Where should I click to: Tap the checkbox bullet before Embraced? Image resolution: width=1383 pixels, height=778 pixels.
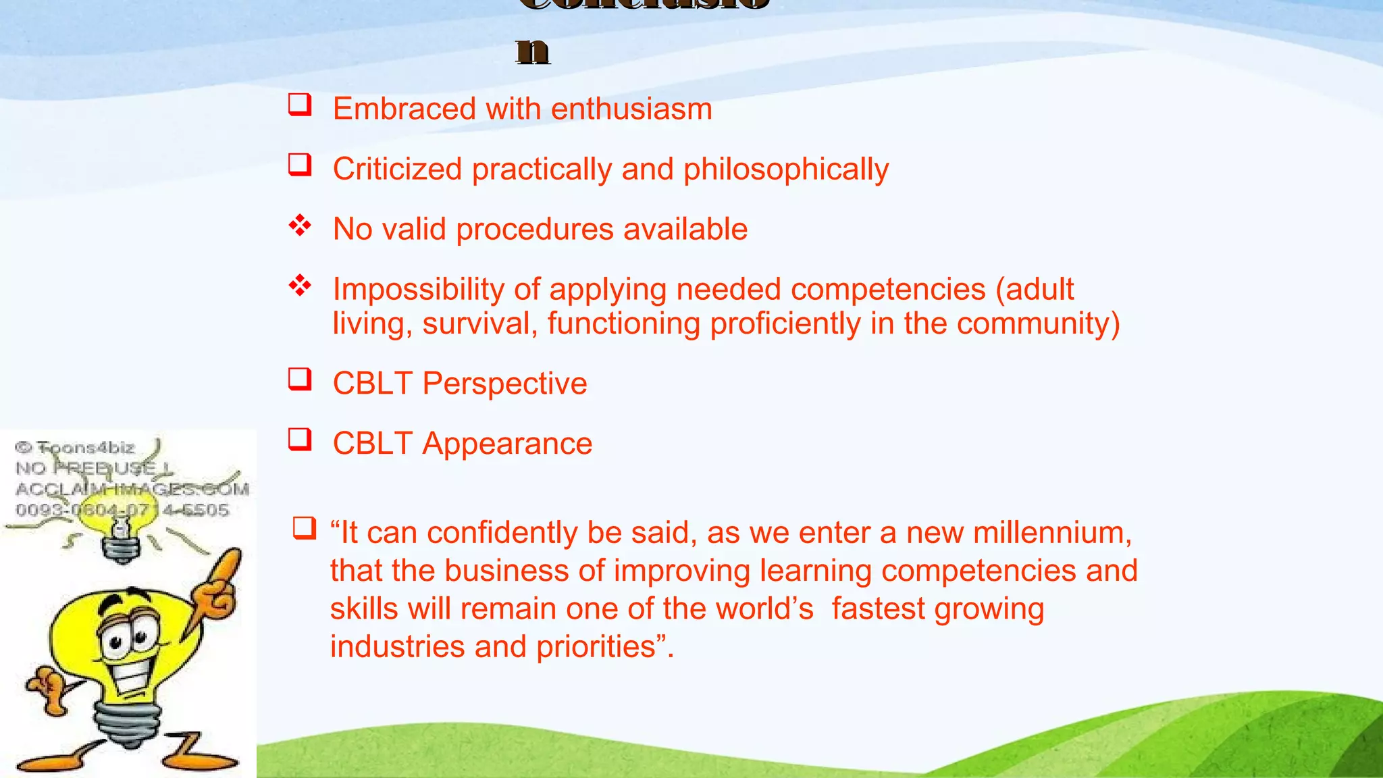pos(300,105)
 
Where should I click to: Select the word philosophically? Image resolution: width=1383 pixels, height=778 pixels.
pos(786,170)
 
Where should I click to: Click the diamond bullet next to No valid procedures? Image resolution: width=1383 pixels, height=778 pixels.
pos(300,226)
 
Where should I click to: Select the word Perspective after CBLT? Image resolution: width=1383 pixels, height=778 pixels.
pos(504,384)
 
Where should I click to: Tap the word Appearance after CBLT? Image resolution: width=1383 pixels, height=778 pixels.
pos(507,444)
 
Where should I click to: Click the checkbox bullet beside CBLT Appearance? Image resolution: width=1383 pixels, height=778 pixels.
pos(300,440)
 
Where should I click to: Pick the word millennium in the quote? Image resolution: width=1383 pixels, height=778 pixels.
pos(1018,533)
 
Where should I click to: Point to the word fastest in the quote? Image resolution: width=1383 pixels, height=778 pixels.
pos(878,609)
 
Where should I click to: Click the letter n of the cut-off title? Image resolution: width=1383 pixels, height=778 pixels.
pos(533,51)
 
